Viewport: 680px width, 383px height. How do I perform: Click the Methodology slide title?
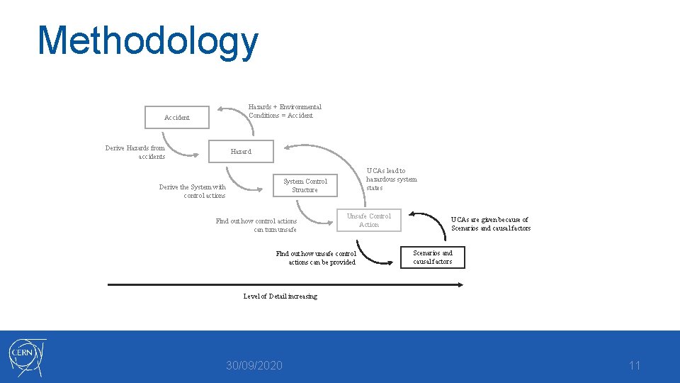tap(148, 40)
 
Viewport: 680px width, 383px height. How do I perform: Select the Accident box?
tap(177, 118)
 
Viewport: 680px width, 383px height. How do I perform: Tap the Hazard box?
tap(241, 151)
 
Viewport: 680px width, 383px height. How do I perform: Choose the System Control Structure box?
tap(305, 185)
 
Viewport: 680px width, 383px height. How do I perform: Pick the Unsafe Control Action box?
tap(368, 220)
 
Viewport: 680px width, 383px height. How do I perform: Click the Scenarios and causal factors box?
tap(432, 257)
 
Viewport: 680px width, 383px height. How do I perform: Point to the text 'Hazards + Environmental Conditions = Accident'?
tap(284, 111)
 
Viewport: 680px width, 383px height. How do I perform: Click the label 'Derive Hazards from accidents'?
tap(135, 152)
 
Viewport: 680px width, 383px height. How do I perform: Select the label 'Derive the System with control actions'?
tap(193, 191)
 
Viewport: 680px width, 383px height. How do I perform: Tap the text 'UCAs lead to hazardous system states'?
tap(391, 179)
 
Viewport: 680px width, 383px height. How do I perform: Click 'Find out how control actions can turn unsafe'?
tap(256, 225)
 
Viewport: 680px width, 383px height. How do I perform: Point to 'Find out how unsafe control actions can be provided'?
tap(317, 257)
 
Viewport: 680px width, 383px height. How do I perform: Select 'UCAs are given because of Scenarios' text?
tap(490, 223)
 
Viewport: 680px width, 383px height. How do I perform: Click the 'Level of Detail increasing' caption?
tap(280, 296)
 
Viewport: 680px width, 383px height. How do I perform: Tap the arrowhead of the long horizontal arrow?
tap(460, 284)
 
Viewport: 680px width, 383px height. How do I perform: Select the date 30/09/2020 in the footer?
tap(254, 365)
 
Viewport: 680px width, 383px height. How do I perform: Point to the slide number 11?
tap(634, 365)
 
